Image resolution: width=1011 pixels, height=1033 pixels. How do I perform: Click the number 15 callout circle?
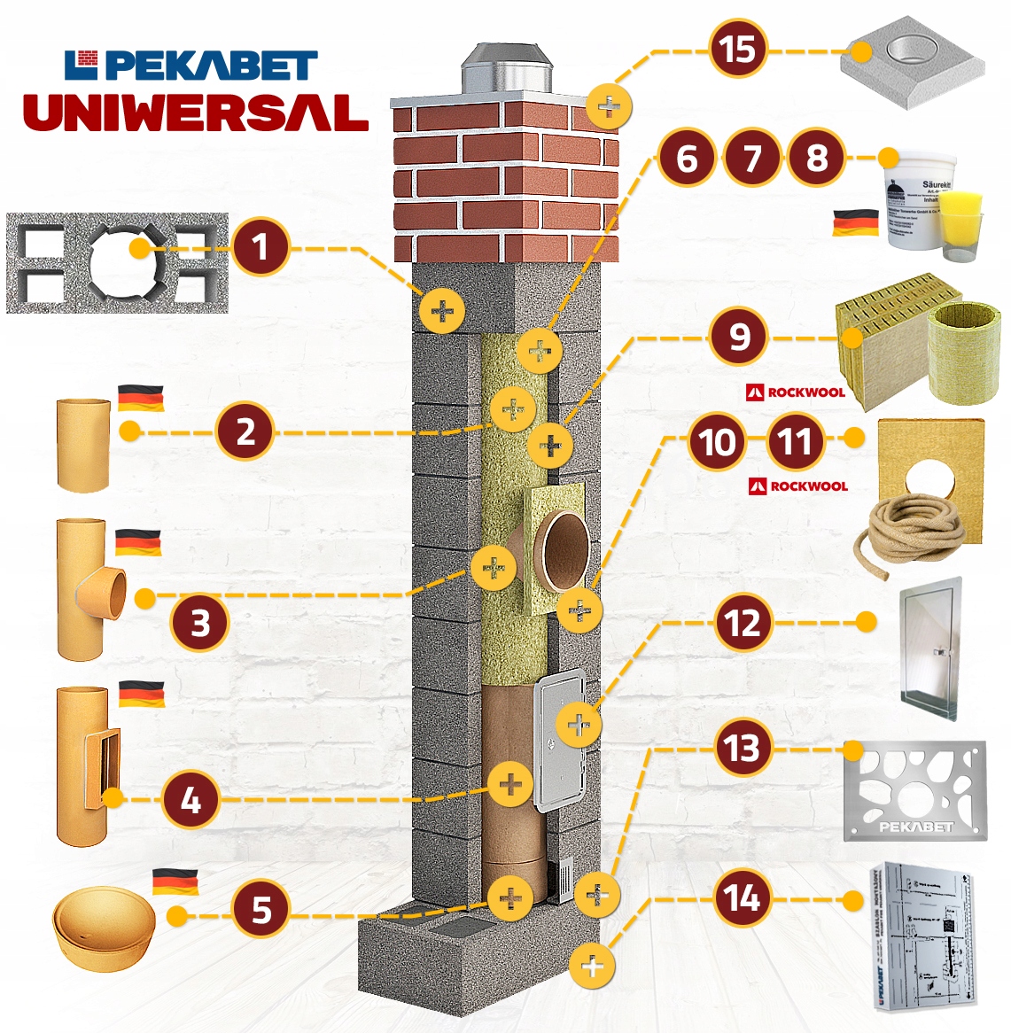(x=738, y=50)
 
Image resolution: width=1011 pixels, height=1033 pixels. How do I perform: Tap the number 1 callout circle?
(x=260, y=247)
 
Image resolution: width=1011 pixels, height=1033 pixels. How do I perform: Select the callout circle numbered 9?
(x=739, y=337)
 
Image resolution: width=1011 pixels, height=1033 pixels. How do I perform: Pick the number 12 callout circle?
(x=743, y=623)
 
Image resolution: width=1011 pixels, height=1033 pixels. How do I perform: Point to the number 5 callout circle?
(x=261, y=909)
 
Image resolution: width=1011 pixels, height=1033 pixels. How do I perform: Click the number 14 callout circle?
(x=743, y=898)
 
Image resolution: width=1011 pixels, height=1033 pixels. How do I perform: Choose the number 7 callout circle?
(x=751, y=159)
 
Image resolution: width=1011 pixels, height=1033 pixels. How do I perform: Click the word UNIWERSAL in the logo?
(x=196, y=113)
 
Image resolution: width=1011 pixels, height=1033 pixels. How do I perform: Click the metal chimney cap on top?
(x=506, y=67)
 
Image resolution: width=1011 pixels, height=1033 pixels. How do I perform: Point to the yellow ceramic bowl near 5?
(x=104, y=933)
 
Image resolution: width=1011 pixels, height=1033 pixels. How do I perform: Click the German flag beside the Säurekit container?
(x=855, y=222)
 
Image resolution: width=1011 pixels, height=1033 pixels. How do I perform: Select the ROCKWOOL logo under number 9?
(x=796, y=392)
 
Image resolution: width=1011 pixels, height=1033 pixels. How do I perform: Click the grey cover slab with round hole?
(x=913, y=62)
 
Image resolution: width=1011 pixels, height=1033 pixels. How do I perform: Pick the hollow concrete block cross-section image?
(x=117, y=263)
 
